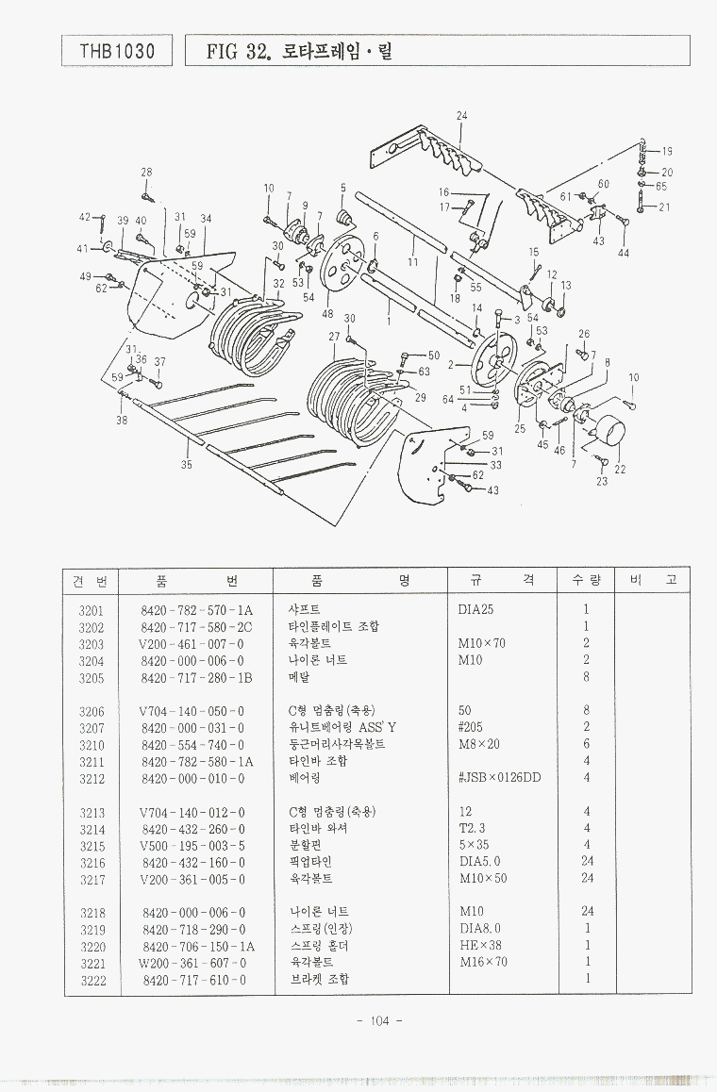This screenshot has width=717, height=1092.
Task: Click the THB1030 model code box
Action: pos(117,50)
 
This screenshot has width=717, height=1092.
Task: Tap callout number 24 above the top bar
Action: pos(461,116)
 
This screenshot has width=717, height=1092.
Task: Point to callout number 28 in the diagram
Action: pos(146,172)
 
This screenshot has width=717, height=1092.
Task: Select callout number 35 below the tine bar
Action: pos(187,464)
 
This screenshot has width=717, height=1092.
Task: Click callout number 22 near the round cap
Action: pos(619,469)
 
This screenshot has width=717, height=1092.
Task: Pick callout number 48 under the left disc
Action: pos(327,314)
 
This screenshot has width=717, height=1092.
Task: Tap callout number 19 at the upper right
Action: pos(666,151)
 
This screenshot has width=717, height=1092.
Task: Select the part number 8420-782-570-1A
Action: pos(196,610)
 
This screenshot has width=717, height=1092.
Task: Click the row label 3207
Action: pos(92,727)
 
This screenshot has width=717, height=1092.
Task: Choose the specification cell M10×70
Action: pos(481,644)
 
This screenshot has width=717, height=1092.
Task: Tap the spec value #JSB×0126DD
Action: pos(499,778)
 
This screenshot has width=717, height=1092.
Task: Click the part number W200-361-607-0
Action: pos(192,963)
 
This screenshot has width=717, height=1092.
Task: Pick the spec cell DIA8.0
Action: pos(479,929)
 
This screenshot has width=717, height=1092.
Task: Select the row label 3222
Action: pos(92,980)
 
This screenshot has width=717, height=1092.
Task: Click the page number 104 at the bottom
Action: pos(380,1021)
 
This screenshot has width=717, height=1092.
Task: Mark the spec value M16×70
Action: pos(483,963)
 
